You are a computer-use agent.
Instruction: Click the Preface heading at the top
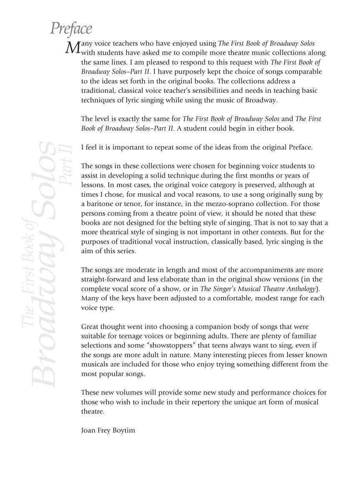tap(71, 29)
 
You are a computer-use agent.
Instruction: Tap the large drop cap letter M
tap(72, 47)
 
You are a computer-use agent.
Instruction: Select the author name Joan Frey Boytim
tap(108, 430)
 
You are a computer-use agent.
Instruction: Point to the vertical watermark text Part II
tap(67, 162)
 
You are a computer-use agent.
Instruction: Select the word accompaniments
tap(261, 270)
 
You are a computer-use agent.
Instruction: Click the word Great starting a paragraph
tap(90, 327)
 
